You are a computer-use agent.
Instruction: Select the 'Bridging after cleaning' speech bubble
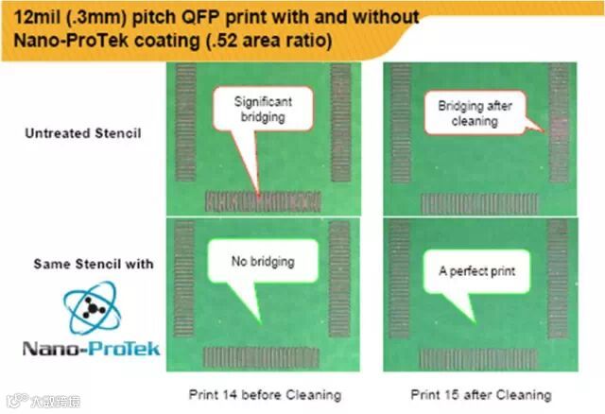click(x=475, y=113)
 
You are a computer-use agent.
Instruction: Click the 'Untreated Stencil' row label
click(x=83, y=133)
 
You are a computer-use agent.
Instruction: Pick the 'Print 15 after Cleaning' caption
click(x=480, y=394)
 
